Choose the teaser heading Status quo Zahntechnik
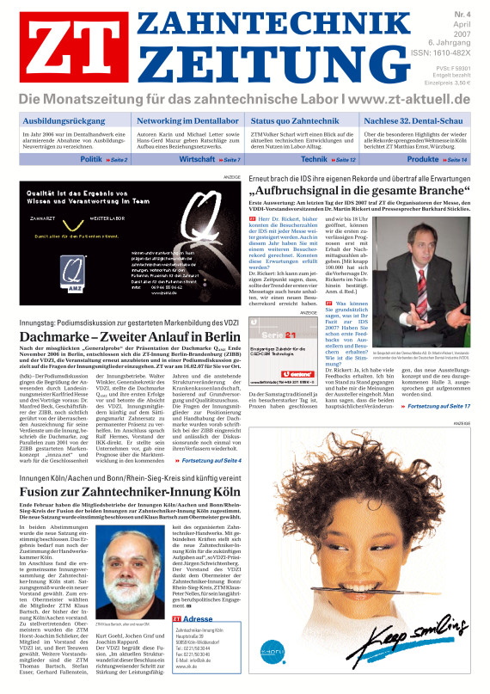(x=294, y=122)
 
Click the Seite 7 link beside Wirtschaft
(x=230, y=161)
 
